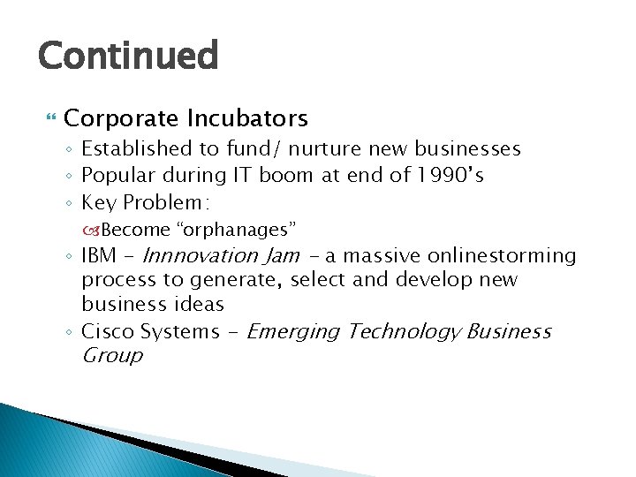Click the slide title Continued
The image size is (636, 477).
click(x=127, y=56)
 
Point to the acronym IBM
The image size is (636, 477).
click(x=99, y=256)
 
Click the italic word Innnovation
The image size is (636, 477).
click(x=199, y=256)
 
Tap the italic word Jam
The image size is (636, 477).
click(x=282, y=256)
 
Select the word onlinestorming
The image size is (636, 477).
click(x=501, y=256)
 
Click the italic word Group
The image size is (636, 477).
click(x=111, y=356)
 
